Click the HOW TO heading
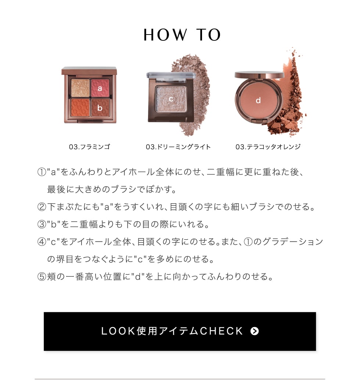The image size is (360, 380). click(x=182, y=35)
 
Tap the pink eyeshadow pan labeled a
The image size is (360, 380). click(x=100, y=88)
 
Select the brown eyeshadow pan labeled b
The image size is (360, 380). click(x=100, y=107)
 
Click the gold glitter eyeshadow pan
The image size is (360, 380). click(x=80, y=88)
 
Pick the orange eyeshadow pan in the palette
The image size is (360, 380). click(x=80, y=107)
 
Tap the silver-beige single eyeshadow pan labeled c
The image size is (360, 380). click(x=171, y=98)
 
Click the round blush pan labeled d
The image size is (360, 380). click(x=258, y=100)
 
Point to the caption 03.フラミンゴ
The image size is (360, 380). click(x=89, y=147)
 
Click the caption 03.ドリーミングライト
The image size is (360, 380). click(x=178, y=147)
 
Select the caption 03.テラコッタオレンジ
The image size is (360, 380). click(x=268, y=147)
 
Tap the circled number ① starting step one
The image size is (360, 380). click(x=42, y=172)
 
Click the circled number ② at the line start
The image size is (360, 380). click(x=42, y=207)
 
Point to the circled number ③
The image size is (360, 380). click(x=42, y=225)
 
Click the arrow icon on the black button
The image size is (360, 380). click(x=254, y=331)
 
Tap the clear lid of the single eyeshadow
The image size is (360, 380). click(x=171, y=75)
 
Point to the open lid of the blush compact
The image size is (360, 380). click(x=259, y=75)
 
